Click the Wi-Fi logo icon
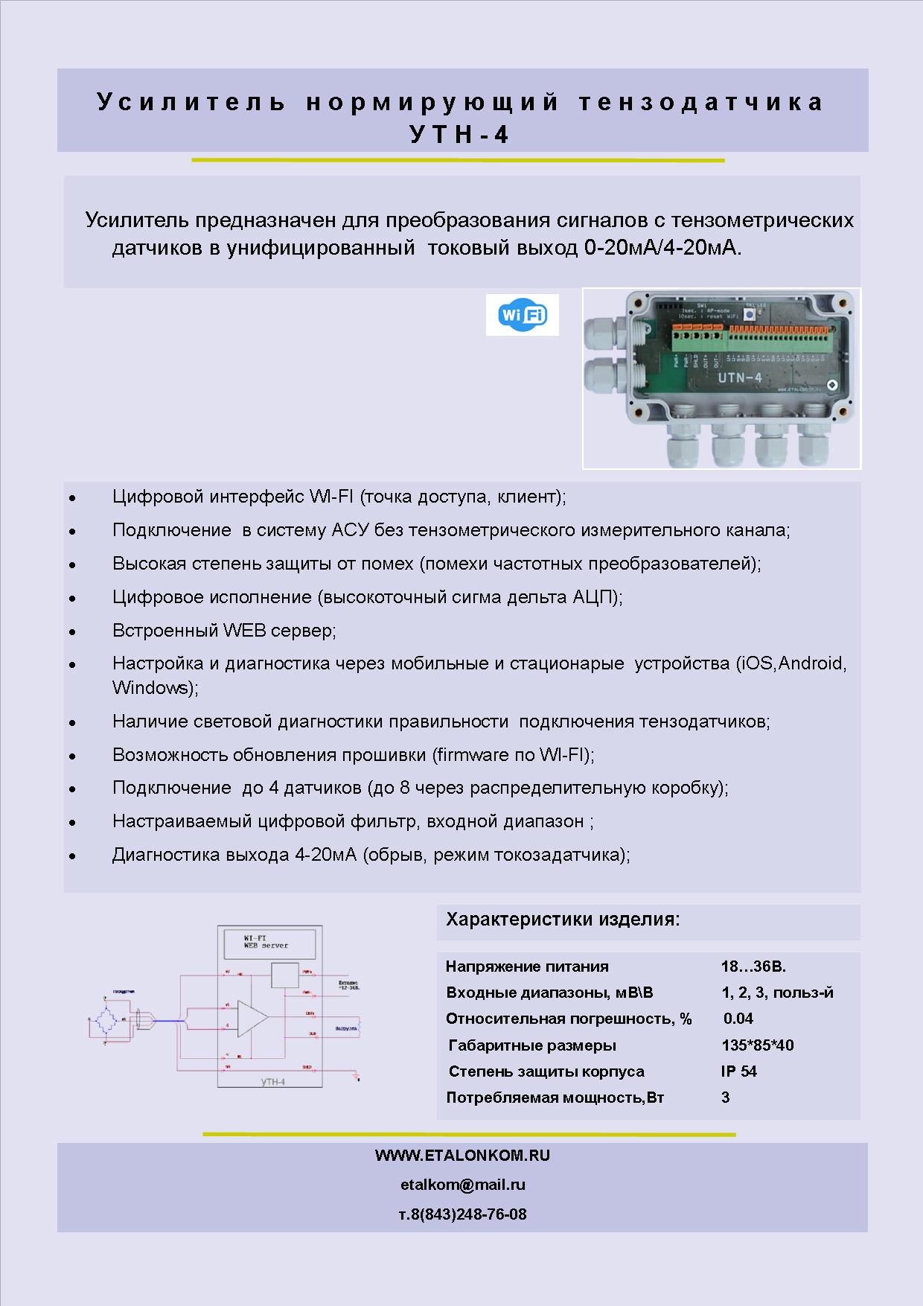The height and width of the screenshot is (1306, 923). (523, 315)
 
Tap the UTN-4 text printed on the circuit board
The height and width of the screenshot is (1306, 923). (739, 378)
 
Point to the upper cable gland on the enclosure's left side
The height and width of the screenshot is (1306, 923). (601, 330)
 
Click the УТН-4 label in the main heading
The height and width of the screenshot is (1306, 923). (460, 135)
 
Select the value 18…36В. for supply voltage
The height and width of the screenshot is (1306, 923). (753, 966)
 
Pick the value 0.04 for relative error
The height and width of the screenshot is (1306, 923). (738, 1019)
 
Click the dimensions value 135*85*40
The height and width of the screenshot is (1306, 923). (757, 1045)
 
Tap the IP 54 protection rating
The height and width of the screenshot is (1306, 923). (739, 1071)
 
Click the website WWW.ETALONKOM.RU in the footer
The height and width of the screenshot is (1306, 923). (462, 1156)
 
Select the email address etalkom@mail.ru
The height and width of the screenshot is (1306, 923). (462, 1185)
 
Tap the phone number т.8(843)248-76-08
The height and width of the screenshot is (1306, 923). (462, 1214)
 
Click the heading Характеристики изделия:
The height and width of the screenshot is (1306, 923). (563, 920)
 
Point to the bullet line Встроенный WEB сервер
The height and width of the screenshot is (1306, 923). (224, 631)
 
